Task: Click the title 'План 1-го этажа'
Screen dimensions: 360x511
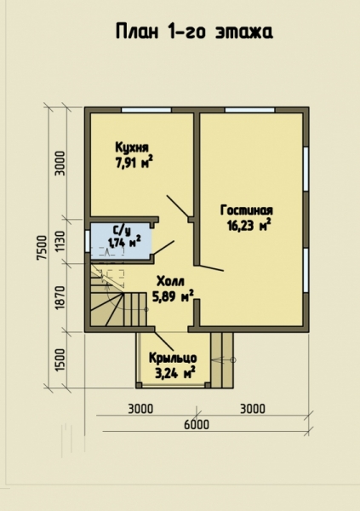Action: coord(195,32)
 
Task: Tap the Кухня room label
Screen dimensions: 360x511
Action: coord(132,147)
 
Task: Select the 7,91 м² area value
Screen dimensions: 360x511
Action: coord(134,163)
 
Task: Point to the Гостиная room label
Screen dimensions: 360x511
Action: coord(247,210)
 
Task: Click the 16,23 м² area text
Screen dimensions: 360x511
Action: coord(249,225)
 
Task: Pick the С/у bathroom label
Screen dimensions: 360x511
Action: coord(122,231)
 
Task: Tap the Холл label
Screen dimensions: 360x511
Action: coord(170,281)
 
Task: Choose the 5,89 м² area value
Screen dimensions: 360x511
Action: coord(173,296)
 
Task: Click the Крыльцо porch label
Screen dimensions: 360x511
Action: coord(173,359)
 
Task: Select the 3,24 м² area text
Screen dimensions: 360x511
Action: coord(175,373)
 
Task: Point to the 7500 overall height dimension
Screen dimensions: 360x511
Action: coord(42,247)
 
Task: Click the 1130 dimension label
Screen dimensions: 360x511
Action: coord(60,242)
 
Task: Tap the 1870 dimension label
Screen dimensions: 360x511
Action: coord(60,298)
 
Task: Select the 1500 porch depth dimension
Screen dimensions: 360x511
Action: coord(60,360)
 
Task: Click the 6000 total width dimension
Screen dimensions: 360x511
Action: coord(197,425)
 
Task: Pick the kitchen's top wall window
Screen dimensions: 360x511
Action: coord(146,110)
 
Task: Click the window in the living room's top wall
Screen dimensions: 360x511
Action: coord(250,110)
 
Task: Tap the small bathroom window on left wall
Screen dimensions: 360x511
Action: coord(88,241)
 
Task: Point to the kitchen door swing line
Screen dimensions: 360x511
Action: coord(178,206)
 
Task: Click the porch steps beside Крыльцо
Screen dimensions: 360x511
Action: coord(222,359)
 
